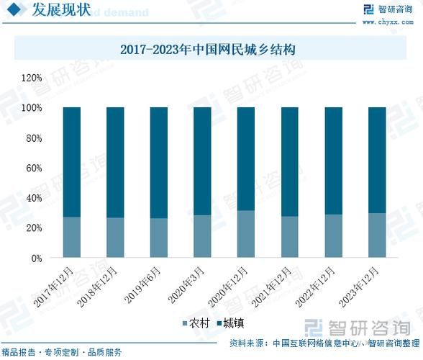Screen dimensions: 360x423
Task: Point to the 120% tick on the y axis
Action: tap(32, 78)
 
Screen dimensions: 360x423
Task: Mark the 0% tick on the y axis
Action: tap(37, 258)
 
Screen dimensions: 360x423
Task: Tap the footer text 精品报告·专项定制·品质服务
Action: tap(63, 352)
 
